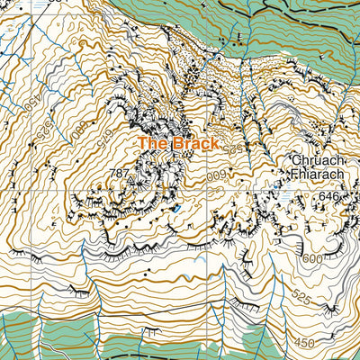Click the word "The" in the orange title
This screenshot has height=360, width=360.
(152, 144)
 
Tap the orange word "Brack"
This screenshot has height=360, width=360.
(195, 144)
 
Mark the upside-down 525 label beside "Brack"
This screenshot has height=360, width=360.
(234, 148)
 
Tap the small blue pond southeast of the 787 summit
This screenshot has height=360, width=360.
(177, 209)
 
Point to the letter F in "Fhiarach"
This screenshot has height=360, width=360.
(294, 176)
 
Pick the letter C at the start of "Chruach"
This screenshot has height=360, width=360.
(294, 163)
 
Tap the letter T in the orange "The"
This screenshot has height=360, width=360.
(143, 144)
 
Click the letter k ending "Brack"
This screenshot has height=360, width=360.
(214, 144)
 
